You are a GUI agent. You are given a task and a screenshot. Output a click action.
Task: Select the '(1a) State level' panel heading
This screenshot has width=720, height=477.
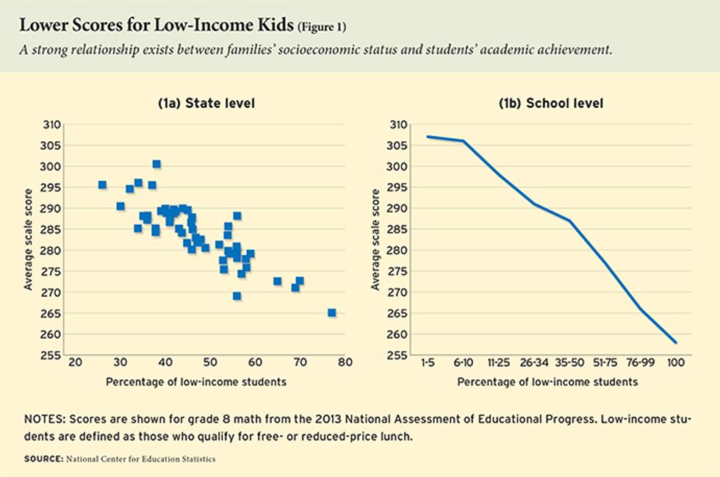point(206,104)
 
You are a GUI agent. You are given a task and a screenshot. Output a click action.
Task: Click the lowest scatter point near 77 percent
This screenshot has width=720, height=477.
point(331,312)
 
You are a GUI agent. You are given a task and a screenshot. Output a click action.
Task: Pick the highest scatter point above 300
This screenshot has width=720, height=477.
point(156,164)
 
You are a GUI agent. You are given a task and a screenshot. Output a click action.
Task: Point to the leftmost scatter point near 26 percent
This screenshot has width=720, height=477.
point(102,185)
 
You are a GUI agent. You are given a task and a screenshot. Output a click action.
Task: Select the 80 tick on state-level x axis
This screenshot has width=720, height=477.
point(345,362)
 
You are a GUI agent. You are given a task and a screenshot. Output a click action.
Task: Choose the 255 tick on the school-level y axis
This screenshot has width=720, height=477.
point(398,356)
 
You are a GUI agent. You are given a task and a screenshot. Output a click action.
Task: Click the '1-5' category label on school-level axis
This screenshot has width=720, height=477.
point(428,362)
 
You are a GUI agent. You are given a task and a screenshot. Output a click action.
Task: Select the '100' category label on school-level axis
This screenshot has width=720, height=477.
point(675,362)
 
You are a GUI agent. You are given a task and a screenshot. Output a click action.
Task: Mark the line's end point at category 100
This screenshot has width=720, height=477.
point(676,342)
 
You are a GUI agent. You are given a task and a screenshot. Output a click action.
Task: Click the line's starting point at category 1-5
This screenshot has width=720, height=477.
point(428,137)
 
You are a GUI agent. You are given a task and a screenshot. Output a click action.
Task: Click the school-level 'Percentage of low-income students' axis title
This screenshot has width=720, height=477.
point(547,382)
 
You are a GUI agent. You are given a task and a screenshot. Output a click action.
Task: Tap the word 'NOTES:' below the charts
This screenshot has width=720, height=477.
point(46,419)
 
